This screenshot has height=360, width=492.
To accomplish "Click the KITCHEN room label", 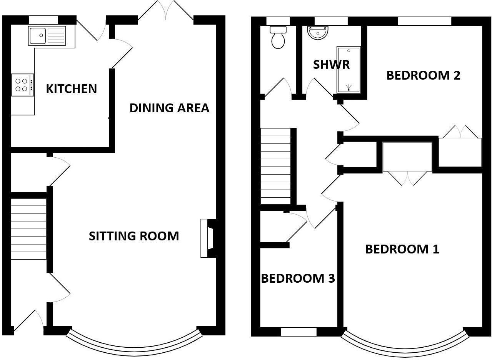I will (71, 89).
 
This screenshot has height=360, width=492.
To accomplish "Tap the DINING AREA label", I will (169, 108).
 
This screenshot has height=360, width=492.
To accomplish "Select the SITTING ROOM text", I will (134, 236).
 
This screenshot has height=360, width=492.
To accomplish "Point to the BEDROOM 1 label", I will (402, 249).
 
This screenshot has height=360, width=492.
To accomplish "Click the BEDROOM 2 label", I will (423, 75).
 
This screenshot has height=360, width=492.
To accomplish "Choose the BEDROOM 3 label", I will (298, 278).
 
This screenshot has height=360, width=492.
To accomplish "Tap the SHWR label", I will (331, 65).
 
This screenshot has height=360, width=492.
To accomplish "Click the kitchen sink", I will (47, 35).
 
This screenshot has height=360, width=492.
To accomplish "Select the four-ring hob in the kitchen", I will (22, 85).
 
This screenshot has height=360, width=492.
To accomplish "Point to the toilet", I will (278, 38).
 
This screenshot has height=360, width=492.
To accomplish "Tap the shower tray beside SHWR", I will (349, 70).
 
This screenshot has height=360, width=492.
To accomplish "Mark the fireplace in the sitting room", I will (208, 238).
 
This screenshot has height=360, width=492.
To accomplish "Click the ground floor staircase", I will (28, 229).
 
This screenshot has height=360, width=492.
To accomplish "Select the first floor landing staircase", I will (275, 166).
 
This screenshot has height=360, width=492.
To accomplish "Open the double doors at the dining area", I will (166, 11).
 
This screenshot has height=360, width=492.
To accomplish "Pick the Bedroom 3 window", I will (299, 332).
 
